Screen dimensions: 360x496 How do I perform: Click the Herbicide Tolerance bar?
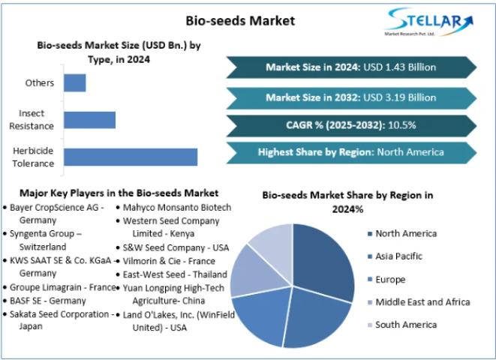coord(131,157)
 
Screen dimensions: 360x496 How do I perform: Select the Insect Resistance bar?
coord(89,120)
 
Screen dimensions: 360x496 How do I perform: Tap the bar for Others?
coord(74,82)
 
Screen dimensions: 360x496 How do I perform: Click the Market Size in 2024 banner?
coord(350,67)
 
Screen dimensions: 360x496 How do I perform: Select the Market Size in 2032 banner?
coord(350,97)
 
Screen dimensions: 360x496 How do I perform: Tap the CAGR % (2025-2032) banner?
coord(350,124)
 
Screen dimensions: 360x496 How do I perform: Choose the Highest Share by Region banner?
coord(350,152)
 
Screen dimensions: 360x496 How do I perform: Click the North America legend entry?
coord(405,233)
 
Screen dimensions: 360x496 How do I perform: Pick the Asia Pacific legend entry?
coord(400,256)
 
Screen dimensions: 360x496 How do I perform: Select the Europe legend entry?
coord(391,280)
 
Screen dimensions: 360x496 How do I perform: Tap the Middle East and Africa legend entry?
coord(422,302)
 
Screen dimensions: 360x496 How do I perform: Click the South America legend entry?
coord(405,325)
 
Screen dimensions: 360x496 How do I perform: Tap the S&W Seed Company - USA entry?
coord(176,247)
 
